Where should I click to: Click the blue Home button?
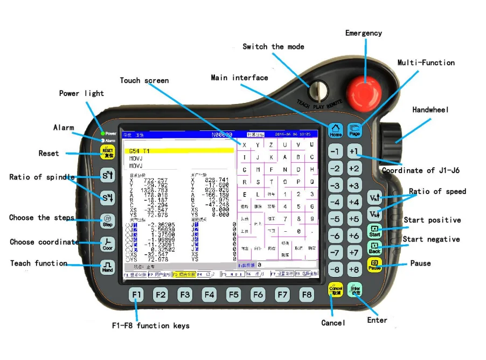(x=336, y=130)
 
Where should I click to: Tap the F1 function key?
(x=137, y=295)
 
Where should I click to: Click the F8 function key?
(x=307, y=295)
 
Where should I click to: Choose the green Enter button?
(x=355, y=290)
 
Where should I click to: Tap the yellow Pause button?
(x=374, y=265)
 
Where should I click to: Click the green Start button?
(x=374, y=231)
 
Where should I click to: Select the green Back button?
(x=374, y=248)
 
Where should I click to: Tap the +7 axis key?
(x=354, y=252)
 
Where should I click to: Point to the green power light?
(x=102, y=133)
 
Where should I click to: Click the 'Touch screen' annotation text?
(x=144, y=81)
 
